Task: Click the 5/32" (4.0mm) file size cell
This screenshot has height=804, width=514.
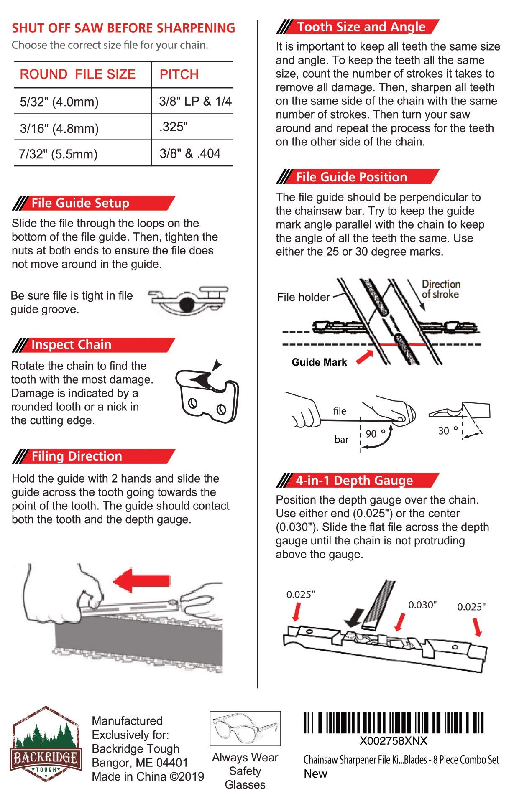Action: point(59,102)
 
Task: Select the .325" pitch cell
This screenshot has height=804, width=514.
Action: point(174,127)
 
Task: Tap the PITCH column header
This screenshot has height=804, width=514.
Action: point(179,74)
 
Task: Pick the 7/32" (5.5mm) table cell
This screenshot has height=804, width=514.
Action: point(58,154)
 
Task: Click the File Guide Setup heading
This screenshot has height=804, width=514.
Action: point(80,203)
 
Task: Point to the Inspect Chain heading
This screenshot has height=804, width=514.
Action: point(71,345)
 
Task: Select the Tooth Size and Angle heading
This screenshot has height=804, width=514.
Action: point(361,27)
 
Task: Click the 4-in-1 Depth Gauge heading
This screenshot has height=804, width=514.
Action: point(354,481)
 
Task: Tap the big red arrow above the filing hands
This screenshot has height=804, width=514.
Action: point(142,580)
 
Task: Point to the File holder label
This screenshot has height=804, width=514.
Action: point(304,297)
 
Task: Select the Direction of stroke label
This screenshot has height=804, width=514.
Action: point(440,289)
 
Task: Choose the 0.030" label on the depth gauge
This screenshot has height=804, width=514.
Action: point(422,605)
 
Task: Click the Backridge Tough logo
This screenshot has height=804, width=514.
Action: point(46,744)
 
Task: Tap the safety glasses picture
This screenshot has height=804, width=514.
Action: point(245,729)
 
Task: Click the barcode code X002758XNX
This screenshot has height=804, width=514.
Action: point(394,741)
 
